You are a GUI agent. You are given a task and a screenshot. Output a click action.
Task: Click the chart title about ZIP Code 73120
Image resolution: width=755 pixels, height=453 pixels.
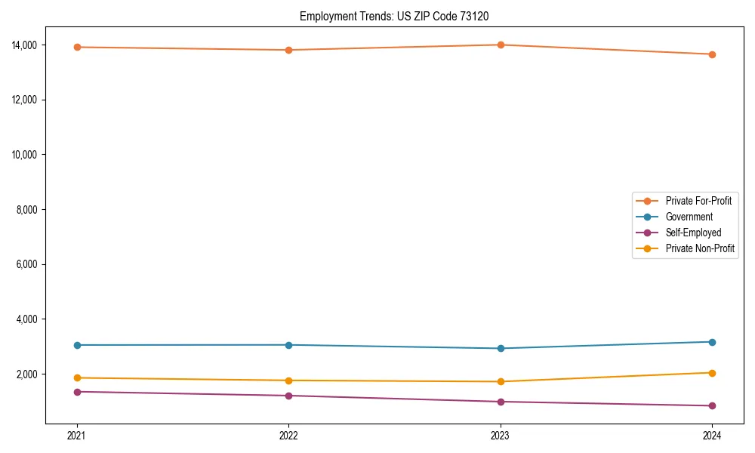point(399,16)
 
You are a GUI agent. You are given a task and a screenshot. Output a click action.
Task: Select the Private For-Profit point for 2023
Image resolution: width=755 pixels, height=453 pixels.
point(501,45)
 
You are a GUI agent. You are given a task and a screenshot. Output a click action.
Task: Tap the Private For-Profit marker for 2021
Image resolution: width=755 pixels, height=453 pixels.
point(77,47)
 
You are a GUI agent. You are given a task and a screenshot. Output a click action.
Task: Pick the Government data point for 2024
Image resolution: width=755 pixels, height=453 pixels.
point(712,342)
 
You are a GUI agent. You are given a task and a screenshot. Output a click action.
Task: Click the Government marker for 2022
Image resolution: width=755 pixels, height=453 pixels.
point(288,345)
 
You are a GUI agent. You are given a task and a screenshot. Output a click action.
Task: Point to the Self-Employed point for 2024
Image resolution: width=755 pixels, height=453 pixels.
point(712,405)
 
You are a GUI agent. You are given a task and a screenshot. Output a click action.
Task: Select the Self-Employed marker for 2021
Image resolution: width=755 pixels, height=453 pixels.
point(77,392)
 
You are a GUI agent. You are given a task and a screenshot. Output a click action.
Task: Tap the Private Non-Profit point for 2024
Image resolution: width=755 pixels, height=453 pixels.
point(712,373)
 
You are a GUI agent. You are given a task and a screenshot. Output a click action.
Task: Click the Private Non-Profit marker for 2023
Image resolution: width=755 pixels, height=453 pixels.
point(501,381)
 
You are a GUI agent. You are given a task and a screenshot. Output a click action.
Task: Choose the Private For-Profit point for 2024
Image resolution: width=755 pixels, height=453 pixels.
point(712,54)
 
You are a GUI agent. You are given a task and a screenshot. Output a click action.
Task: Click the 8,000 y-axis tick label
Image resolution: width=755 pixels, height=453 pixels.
point(29,210)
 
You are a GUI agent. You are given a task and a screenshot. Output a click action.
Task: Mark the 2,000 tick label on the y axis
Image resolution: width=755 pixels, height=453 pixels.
point(29,374)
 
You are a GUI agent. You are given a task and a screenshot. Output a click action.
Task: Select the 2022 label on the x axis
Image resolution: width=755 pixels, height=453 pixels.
point(288,435)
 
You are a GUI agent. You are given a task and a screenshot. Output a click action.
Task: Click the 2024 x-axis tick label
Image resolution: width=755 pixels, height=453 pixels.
point(712,435)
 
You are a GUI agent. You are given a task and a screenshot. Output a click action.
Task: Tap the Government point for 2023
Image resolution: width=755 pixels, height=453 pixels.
point(501,348)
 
